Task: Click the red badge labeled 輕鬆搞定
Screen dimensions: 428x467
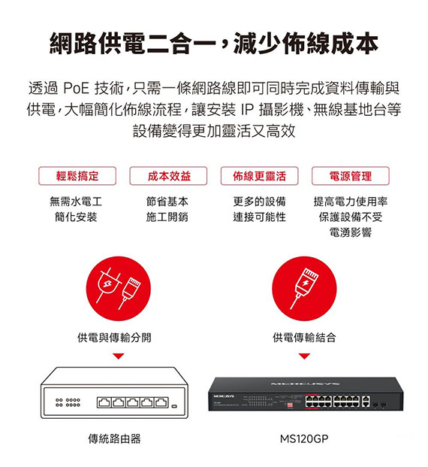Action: click(x=77, y=176)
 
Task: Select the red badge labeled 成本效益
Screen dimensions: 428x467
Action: click(x=168, y=176)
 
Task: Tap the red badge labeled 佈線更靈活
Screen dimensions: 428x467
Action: click(x=259, y=176)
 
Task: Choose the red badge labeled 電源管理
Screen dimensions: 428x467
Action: click(x=351, y=176)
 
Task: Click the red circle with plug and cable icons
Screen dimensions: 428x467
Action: click(x=119, y=288)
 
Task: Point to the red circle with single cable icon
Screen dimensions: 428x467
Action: click(x=304, y=288)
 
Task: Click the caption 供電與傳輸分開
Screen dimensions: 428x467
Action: click(x=114, y=338)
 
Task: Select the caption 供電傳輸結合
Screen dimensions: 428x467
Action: click(x=304, y=338)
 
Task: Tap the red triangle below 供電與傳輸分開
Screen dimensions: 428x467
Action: click(x=119, y=356)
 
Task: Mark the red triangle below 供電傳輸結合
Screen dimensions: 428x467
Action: click(x=304, y=356)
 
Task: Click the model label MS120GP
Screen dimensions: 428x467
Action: click(x=304, y=438)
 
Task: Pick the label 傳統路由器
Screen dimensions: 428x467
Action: click(x=114, y=438)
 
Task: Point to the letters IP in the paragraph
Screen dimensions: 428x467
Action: click(x=246, y=109)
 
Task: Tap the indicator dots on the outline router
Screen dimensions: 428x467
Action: click(x=68, y=402)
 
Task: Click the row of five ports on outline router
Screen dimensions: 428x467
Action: click(x=133, y=402)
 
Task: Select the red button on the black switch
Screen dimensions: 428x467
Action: click(x=290, y=405)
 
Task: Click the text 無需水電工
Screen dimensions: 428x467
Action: click(x=76, y=202)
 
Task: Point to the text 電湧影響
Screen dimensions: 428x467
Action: click(x=351, y=232)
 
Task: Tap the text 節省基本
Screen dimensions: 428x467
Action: click(x=167, y=202)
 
